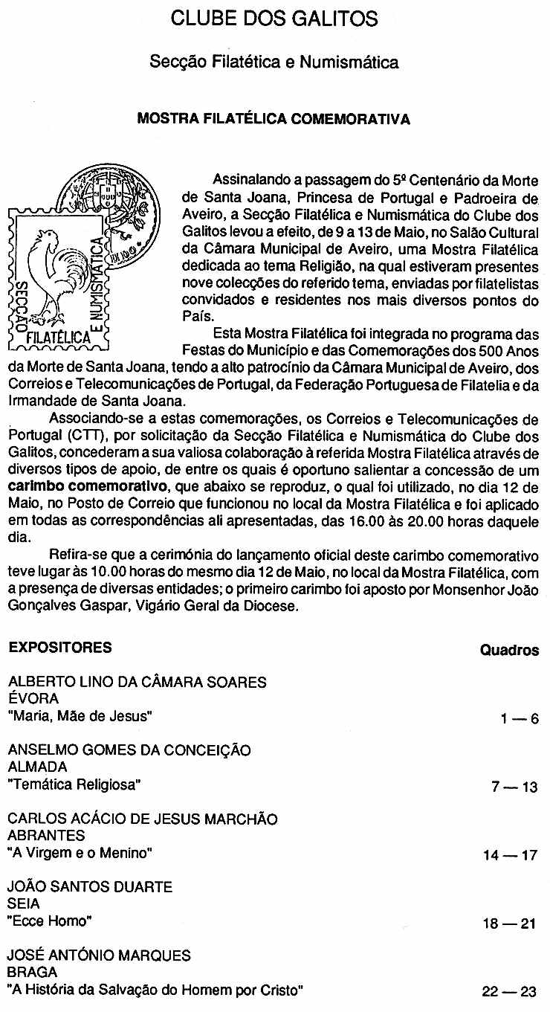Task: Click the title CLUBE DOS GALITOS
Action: (274, 19)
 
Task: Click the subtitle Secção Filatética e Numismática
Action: (274, 62)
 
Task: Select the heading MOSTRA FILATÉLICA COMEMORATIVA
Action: (274, 120)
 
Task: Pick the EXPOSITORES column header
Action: (60, 647)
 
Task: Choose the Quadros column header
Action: (509, 651)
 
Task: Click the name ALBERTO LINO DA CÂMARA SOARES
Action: (137, 682)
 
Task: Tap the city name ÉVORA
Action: (33, 699)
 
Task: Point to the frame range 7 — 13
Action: (514, 787)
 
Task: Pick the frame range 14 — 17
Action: (509, 856)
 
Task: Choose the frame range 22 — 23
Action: (509, 992)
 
